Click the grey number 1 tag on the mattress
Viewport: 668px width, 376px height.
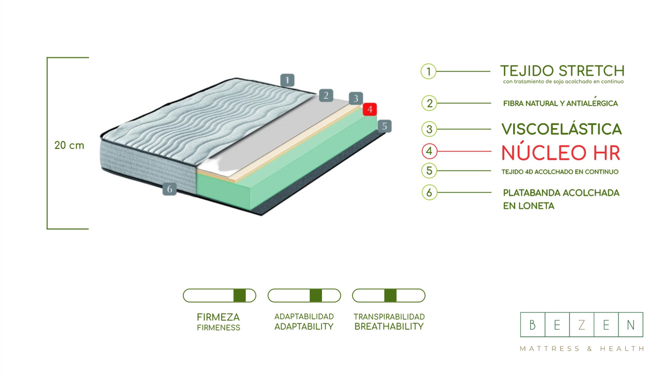[x=287, y=80]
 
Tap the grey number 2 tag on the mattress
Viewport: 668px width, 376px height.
[x=326, y=96]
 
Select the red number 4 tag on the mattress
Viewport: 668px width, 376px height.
[x=370, y=110]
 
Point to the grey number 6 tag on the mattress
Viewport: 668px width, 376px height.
[x=169, y=189]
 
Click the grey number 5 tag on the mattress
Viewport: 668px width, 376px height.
[x=384, y=126]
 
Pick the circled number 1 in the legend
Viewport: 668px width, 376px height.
[x=429, y=72]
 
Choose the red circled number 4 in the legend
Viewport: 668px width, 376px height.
[x=429, y=151]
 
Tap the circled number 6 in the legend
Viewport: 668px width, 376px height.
[x=429, y=192]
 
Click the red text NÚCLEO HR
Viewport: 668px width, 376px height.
[x=560, y=153]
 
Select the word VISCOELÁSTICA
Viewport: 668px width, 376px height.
[x=561, y=129]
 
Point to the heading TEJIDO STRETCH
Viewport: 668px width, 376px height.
[x=562, y=71]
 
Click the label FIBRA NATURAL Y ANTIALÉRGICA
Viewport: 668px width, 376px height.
[x=560, y=103]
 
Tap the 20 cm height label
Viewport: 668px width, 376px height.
[x=69, y=145]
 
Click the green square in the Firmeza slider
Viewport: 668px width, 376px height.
[x=239, y=296]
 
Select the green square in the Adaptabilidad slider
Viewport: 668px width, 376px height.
[x=316, y=296]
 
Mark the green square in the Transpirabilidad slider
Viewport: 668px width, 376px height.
[x=390, y=296]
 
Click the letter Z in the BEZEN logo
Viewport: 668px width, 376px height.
[x=581, y=325]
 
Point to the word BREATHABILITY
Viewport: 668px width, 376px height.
[x=389, y=327]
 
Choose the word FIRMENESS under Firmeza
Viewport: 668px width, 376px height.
[x=218, y=328]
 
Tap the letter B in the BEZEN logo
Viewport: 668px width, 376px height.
[x=533, y=325]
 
